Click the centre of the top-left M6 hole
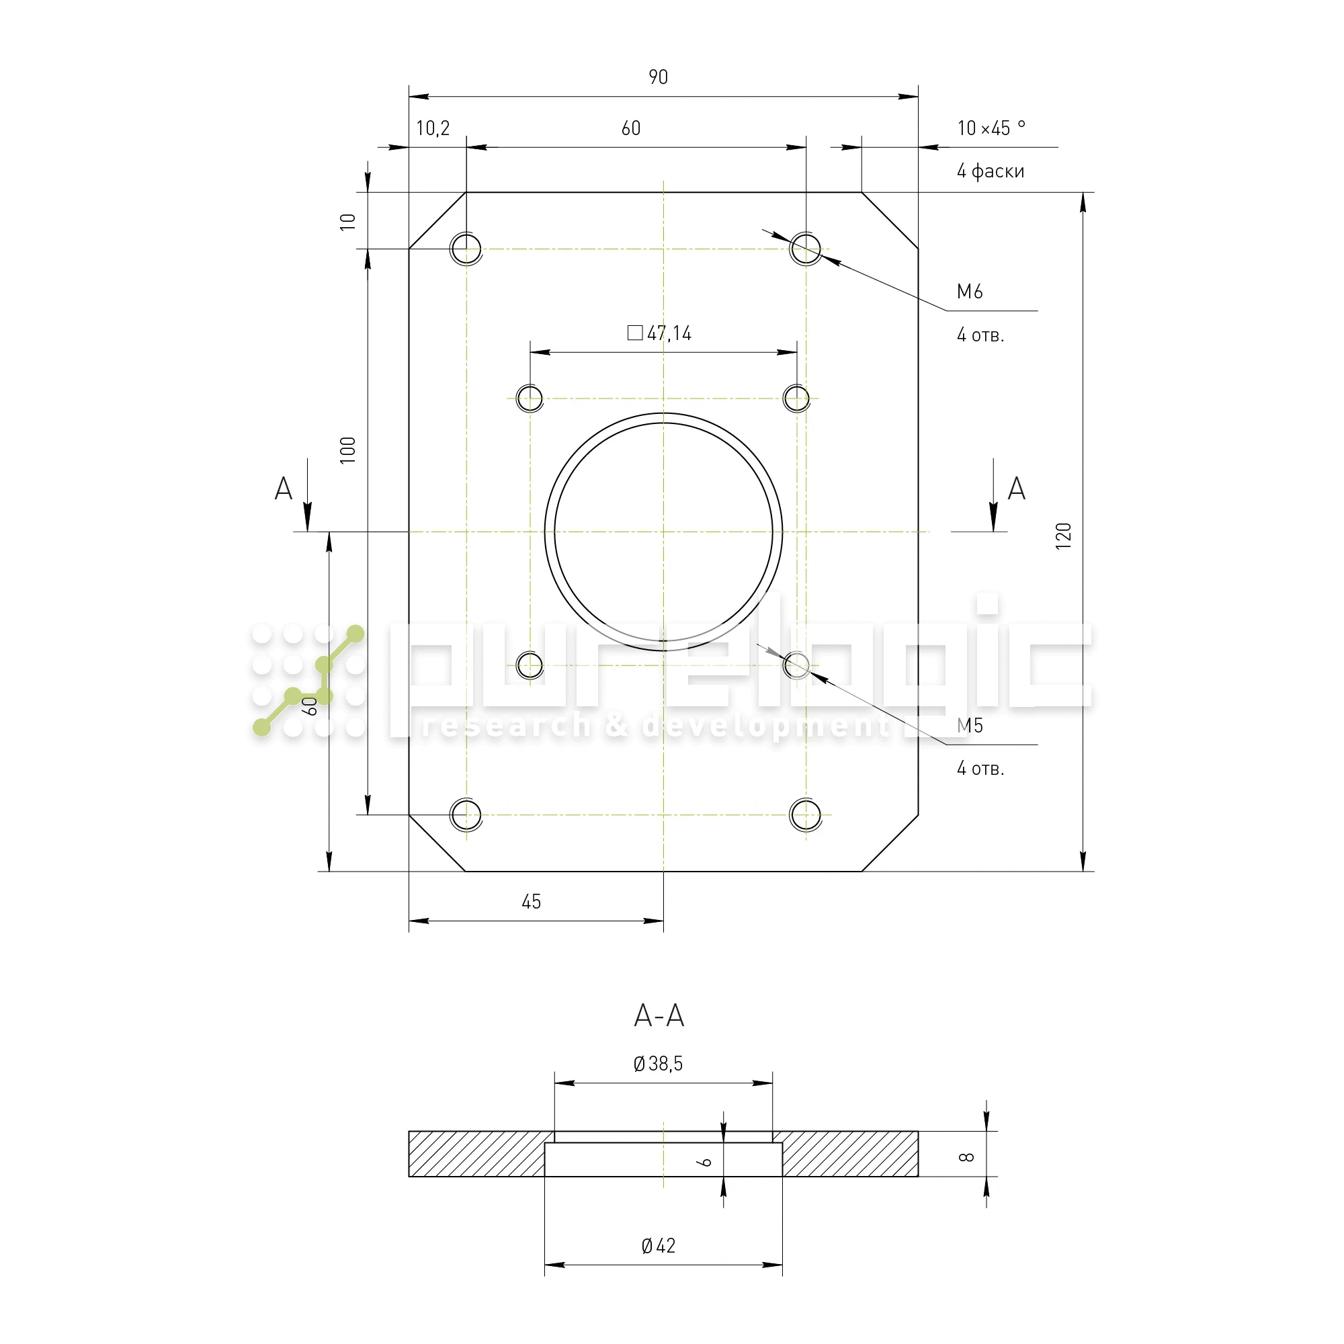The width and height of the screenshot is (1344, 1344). point(466,249)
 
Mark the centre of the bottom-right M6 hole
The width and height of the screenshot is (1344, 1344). point(806,814)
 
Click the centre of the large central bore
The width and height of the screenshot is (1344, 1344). point(664,532)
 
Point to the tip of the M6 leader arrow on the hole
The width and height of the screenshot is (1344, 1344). point(821,257)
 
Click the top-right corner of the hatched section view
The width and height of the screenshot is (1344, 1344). point(918,1132)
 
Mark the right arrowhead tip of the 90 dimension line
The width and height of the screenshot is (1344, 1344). point(918,97)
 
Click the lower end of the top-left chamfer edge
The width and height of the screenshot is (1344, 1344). point(409,249)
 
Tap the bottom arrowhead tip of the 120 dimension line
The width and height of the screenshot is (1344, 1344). point(1083,871)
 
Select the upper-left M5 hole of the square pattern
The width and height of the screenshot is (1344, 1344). point(530,398)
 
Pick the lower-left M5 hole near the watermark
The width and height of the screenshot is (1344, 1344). point(530,665)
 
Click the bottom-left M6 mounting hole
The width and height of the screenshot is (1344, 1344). point(466,814)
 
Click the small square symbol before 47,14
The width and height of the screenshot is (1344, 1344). point(635,333)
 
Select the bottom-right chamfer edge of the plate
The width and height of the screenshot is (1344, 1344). point(890,843)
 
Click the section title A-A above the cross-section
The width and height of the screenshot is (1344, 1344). point(659,1016)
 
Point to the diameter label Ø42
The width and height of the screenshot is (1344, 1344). point(658,1246)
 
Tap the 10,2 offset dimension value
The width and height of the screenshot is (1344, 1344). point(433,128)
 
